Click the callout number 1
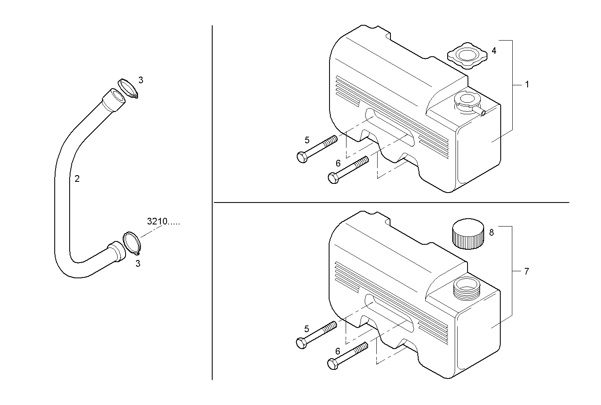[527, 84]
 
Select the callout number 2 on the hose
[77, 179]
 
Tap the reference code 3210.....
[163, 222]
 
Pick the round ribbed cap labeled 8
[468, 234]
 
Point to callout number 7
[526, 272]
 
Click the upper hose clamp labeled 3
[128, 88]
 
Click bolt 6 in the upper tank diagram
[347, 170]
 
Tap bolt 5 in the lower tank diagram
[316, 334]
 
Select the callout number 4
[494, 51]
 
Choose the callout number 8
[492, 233]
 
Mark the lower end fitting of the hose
[116, 252]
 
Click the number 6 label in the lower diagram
[338, 351]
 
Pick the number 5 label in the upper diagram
[307, 140]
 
